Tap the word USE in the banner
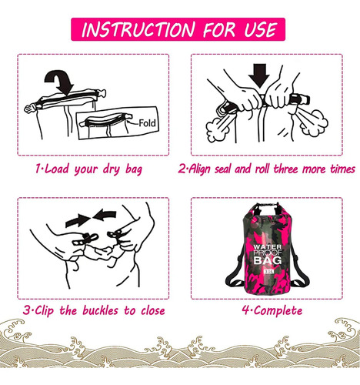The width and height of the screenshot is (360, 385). click(261, 29)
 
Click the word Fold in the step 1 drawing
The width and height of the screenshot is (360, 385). click(147, 123)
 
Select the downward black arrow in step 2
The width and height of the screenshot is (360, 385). click(259, 75)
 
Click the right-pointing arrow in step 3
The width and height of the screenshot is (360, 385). click(78, 220)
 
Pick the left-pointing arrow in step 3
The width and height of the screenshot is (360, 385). click(105, 215)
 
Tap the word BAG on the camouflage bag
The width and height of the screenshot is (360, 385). click(268, 260)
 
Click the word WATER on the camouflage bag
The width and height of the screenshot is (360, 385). click(267, 247)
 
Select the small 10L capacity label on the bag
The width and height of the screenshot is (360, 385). click(268, 271)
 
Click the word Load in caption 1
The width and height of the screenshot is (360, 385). click(57, 169)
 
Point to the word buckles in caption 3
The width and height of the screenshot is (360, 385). click(100, 310)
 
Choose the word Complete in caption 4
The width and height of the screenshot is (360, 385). click(278, 311)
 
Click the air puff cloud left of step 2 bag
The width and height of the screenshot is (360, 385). click(217, 129)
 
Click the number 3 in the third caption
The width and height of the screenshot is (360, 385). click(26, 310)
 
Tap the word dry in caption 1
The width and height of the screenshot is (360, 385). click(112, 169)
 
